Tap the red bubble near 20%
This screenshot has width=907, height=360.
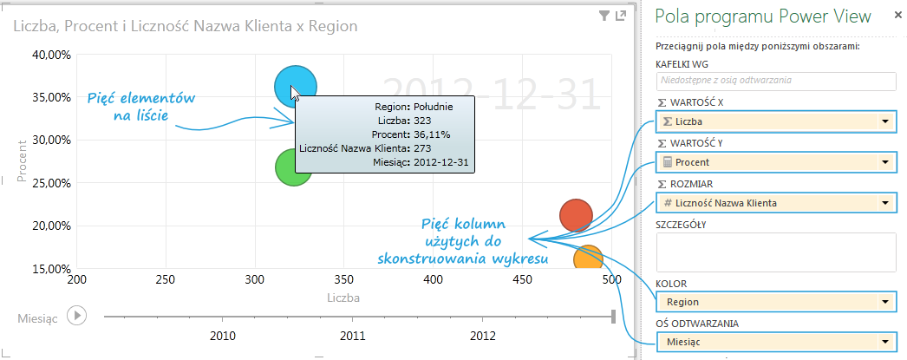tap(576, 216)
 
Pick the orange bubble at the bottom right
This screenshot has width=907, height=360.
tap(588, 259)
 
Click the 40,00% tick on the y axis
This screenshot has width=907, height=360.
tap(51, 55)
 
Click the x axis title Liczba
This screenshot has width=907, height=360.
tap(344, 298)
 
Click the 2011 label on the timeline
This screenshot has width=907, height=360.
tap(353, 335)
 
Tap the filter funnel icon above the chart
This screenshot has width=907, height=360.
tap(604, 16)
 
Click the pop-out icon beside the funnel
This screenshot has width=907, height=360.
tap(620, 16)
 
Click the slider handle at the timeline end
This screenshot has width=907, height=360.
tap(613, 316)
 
